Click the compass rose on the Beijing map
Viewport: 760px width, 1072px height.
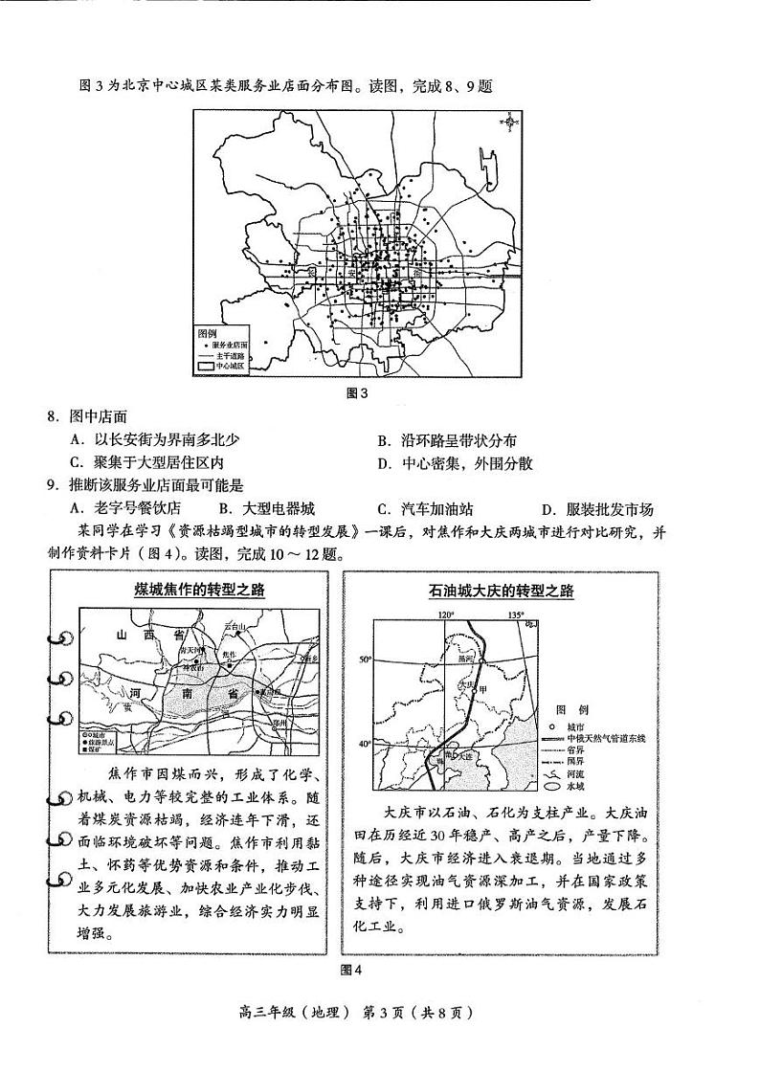(x=510, y=123)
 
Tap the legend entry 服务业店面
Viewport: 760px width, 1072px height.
(x=228, y=343)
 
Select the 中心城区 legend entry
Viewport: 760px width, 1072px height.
(x=228, y=366)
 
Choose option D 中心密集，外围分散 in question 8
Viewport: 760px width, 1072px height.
(x=455, y=463)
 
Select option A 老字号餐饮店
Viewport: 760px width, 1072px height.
(x=127, y=509)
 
